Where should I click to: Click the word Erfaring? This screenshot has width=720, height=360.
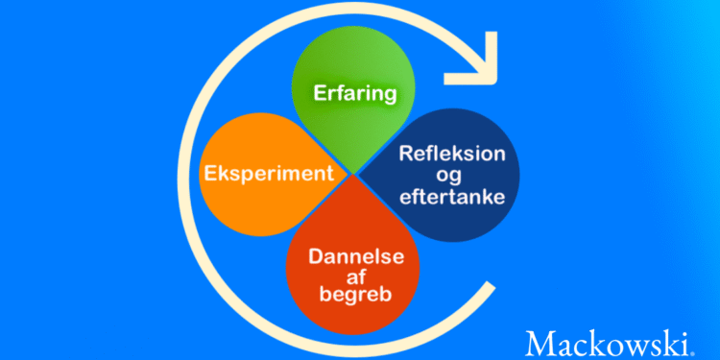(354, 94)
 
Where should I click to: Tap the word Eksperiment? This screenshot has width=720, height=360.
(269, 174)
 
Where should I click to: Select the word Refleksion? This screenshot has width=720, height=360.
(452, 154)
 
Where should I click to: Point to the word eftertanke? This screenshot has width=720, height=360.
(453, 198)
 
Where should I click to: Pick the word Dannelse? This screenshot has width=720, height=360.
(357, 256)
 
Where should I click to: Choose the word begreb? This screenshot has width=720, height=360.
(356, 296)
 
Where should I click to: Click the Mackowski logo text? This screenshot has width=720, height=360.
(608, 343)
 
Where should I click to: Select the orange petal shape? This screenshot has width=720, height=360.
(271, 175)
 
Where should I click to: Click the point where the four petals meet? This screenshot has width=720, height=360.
(353, 175)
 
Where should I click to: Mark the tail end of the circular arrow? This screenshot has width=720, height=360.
(492, 286)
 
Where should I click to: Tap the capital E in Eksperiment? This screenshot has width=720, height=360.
(211, 174)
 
